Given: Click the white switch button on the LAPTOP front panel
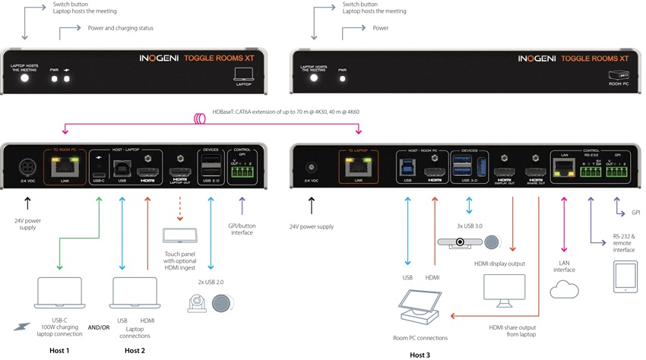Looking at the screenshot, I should click(24, 78).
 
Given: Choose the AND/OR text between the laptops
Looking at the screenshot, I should click(98, 327).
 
